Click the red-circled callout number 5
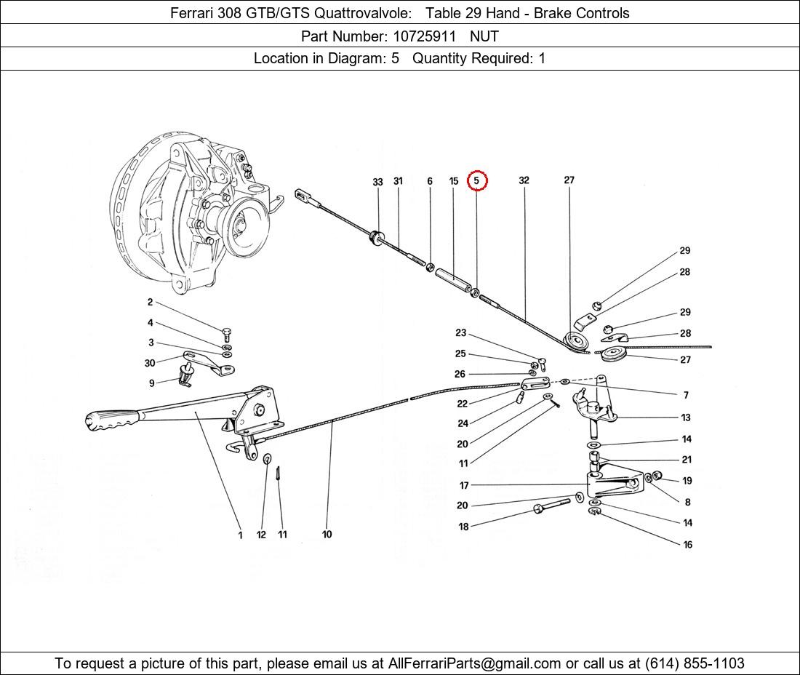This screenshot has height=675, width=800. (476, 180)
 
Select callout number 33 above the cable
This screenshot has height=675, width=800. (377, 182)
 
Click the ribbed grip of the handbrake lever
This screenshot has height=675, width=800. (109, 420)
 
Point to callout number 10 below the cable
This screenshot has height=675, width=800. (327, 535)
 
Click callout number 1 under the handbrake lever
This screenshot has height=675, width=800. (240, 535)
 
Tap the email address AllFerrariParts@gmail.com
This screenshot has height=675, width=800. (475, 663)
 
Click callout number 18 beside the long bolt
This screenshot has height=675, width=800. (463, 527)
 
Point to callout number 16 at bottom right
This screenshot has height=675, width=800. (687, 544)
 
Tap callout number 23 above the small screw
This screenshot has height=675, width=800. (460, 333)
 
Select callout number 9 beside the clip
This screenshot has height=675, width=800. (152, 383)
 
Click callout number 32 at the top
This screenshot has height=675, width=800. (524, 180)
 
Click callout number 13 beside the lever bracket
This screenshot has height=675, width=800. (686, 418)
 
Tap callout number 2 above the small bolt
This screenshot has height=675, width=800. (150, 303)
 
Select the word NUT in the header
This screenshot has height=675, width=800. (484, 36)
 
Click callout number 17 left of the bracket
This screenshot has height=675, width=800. (464, 485)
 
